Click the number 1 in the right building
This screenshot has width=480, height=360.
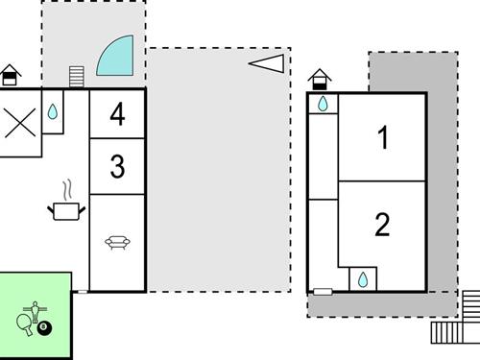[383, 138]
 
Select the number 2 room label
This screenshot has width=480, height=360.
[382, 226]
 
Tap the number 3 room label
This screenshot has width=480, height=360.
[117, 167]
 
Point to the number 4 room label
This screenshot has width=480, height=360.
[117, 115]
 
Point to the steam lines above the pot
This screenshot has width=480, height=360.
[66, 187]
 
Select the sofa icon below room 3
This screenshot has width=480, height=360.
[117, 242]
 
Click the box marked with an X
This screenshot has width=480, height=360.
[18, 124]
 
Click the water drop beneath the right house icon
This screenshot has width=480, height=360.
[324, 104]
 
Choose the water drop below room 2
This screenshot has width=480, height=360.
[363, 279]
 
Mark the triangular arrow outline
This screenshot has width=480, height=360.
[268, 62]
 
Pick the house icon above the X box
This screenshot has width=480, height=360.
[10, 74]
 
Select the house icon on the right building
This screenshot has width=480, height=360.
[321, 77]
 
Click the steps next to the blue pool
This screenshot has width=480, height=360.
[78, 76]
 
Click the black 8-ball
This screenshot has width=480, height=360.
[45, 328]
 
